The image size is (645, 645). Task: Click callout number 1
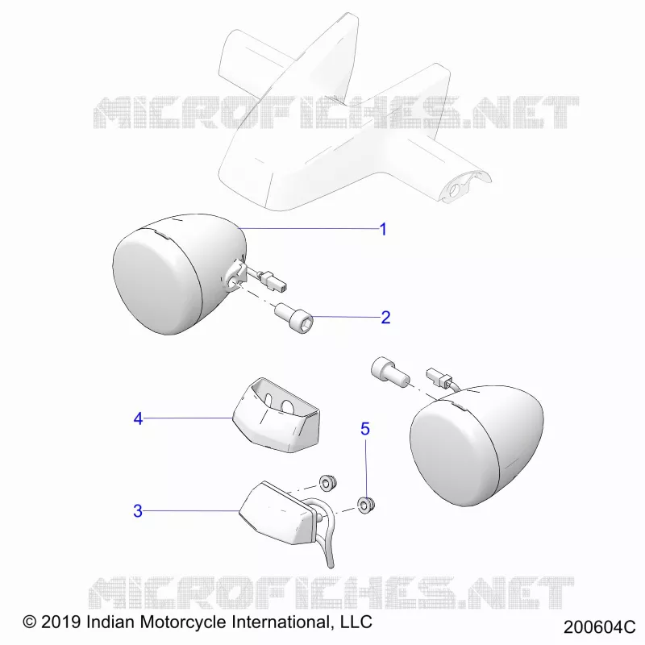click(x=383, y=229)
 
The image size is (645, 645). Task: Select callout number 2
click(x=385, y=318)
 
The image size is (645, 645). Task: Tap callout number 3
click(x=138, y=511)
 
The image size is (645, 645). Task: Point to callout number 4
click(x=138, y=418)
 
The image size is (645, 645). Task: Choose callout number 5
click(x=365, y=429)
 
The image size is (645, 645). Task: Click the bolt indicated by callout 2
click(x=294, y=318)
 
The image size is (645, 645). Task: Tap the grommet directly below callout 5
click(x=366, y=506)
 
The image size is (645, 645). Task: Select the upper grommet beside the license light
click(x=328, y=482)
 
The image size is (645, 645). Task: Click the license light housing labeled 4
click(x=277, y=415)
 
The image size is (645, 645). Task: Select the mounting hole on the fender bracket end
click(x=456, y=190)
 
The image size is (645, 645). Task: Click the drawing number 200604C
click(x=599, y=627)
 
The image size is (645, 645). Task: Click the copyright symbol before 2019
click(x=30, y=622)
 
